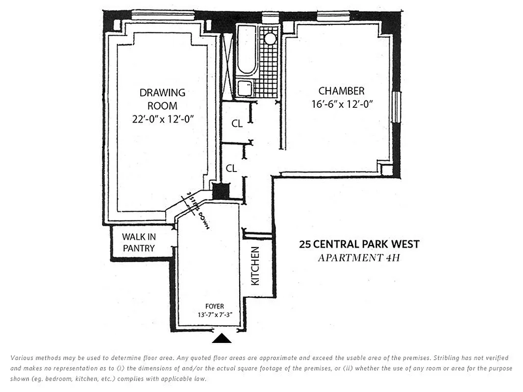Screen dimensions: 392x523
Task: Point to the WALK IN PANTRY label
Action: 139,243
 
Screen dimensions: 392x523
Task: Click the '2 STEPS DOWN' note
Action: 196,211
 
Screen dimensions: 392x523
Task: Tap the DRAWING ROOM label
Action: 162,99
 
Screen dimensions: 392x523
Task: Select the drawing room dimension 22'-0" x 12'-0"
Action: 162,119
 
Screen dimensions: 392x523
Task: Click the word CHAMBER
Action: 342,91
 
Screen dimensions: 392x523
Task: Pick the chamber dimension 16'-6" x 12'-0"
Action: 342,104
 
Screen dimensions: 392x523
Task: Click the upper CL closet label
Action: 237,124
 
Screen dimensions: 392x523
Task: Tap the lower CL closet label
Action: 231,168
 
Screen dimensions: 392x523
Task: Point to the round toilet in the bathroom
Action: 270,39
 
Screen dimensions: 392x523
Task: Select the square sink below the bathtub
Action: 245,89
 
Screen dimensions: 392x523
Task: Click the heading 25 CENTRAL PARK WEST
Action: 359,244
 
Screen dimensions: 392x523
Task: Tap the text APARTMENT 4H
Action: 359,257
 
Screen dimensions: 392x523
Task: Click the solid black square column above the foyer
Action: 221,191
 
